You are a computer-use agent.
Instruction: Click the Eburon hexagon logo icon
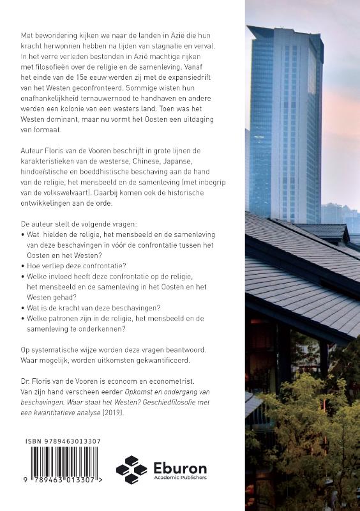click(x=131, y=470)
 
